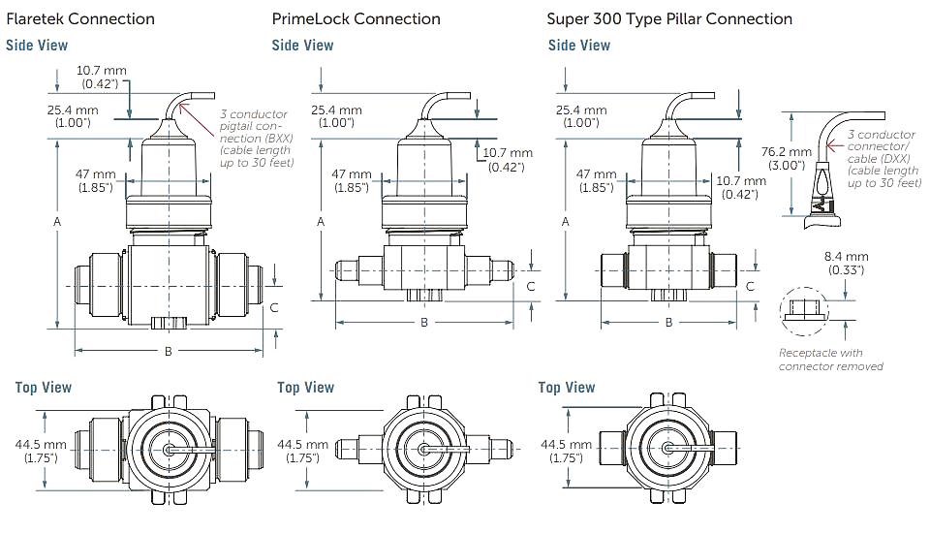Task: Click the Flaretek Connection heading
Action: click(x=80, y=19)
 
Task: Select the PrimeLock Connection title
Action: click(x=356, y=19)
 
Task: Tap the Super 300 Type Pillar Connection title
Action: click(x=669, y=19)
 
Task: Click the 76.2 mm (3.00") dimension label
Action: click(x=786, y=158)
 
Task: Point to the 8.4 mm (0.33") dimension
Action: click(x=846, y=263)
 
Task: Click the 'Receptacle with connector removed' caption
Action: click(x=830, y=360)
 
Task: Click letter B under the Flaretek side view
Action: click(x=169, y=351)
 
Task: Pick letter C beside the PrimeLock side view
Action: click(x=531, y=287)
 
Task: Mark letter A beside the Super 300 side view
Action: click(x=565, y=221)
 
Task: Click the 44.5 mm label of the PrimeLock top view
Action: click(x=302, y=451)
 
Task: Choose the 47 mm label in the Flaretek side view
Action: click(x=96, y=180)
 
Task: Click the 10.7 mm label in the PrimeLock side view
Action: click(x=507, y=160)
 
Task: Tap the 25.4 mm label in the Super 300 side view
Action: click(x=581, y=116)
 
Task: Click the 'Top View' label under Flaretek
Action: click(x=44, y=388)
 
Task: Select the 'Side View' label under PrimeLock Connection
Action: click(x=302, y=46)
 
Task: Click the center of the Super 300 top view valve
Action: click(x=667, y=448)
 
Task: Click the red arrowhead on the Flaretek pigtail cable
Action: click(x=183, y=108)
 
